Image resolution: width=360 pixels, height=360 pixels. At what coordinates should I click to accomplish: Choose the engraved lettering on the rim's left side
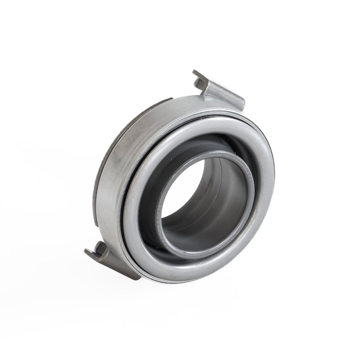(x=159, y=211)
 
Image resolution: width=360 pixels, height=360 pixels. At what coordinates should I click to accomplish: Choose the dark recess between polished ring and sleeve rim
(x=148, y=189)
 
